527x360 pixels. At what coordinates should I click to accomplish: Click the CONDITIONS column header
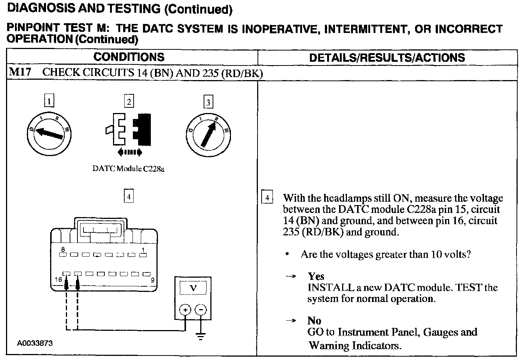pos(129,57)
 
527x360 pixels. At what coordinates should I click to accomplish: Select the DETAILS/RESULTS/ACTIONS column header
pos(387,58)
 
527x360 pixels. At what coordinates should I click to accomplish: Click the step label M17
pos(20,72)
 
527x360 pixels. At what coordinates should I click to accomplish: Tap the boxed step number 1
pos(49,101)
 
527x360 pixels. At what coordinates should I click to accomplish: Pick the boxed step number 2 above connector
pos(129,101)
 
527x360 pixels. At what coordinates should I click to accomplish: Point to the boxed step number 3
pos(208,102)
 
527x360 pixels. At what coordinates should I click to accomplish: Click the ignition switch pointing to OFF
pos(49,133)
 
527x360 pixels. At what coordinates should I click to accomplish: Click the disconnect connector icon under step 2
pos(129,129)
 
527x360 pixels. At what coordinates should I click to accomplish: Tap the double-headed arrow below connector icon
pos(129,152)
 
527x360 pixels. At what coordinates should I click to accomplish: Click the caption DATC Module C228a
pos(128,169)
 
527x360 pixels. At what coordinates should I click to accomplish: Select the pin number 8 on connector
pos(63,249)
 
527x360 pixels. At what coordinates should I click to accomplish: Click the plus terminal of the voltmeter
pos(185,310)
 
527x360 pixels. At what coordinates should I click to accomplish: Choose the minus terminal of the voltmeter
pos(201,310)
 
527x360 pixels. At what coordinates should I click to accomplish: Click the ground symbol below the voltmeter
pos(201,336)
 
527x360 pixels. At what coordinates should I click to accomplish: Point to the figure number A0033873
pos(34,343)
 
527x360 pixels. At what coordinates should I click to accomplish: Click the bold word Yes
pos(316,277)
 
